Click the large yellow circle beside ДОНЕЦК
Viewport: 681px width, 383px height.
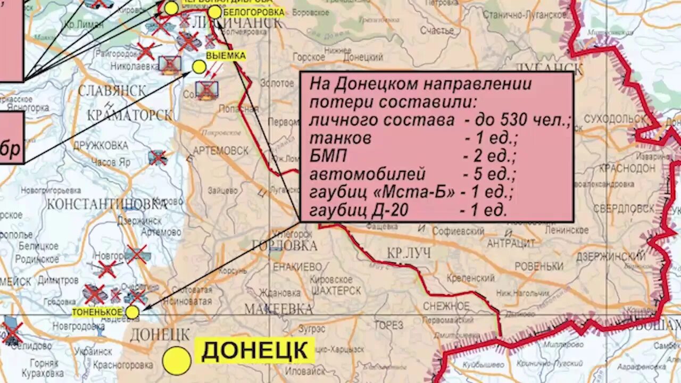click(177, 361)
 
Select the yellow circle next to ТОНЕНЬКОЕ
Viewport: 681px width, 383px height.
click(132, 312)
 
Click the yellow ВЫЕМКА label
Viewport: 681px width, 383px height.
click(226, 56)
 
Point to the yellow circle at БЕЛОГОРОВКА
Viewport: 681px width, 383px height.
click(214, 12)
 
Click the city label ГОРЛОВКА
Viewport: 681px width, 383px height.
click(285, 245)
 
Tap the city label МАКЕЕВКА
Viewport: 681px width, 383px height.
click(278, 309)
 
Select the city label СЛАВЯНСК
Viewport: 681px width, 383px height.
click(112, 90)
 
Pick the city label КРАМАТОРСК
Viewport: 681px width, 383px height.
click(130, 115)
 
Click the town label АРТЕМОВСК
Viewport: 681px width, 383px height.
click(220, 151)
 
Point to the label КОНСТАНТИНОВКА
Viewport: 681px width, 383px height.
click(106, 203)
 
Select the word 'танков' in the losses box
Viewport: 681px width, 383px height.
click(340, 139)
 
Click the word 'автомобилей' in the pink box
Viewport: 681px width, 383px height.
click(368, 174)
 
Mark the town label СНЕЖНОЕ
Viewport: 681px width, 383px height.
click(446, 306)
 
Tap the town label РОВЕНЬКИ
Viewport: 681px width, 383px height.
click(539, 266)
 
